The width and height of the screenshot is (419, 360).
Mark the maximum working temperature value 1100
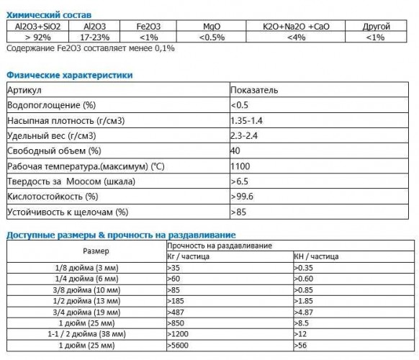pos(240,166)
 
